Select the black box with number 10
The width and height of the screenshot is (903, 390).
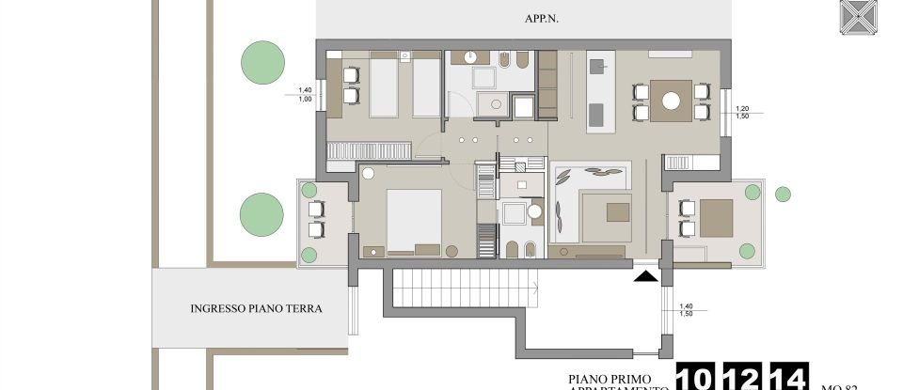[699, 378]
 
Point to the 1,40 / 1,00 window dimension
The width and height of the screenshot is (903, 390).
[304, 93]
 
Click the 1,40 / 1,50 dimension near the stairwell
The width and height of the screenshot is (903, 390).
[685, 309]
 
